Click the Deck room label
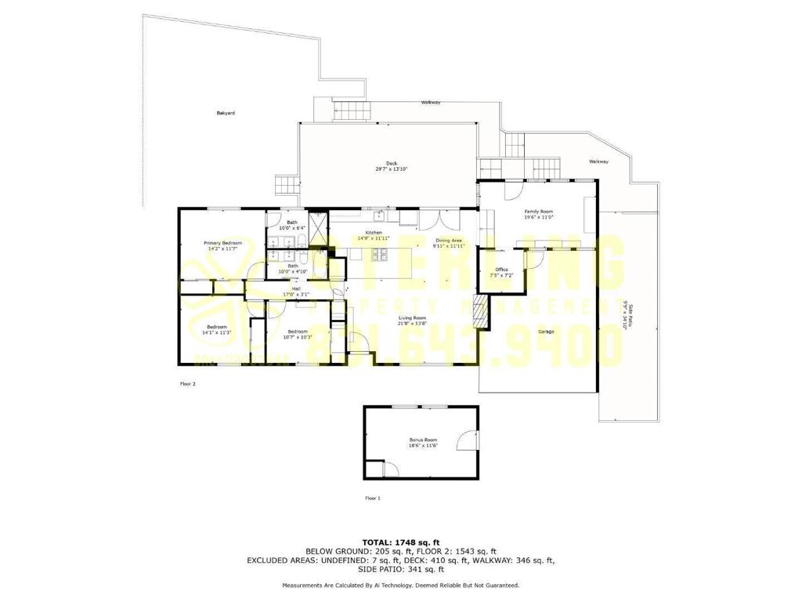[x=392, y=163]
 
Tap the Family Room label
[x=539, y=212]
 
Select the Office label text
[x=501, y=270]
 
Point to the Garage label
[x=546, y=332]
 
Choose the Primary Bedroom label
[x=222, y=243]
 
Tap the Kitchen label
[x=374, y=232]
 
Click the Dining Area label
[x=449, y=241]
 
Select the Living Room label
[x=412, y=317]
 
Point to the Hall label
[x=296, y=288]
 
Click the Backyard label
[x=226, y=113]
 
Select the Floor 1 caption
[x=373, y=498]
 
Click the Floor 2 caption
[x=187, y=384]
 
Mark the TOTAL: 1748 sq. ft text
[x=401, y=542]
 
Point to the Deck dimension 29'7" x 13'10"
[x=392, y=169]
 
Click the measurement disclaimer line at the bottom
[x=401, y=585]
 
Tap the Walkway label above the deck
[x=431, y=103]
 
